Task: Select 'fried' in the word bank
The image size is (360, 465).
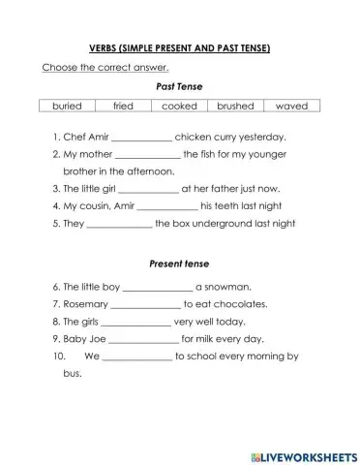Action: click(x=124, y=105)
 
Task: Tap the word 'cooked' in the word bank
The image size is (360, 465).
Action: click(x=179, y=105)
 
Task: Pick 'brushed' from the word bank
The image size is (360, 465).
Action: click(x=235, y=105)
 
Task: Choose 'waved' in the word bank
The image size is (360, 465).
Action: click(x=291, y=105)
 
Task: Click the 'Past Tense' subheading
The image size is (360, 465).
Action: click(x=179, y=85)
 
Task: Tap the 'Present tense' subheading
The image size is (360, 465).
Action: click(x=179, y=263)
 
